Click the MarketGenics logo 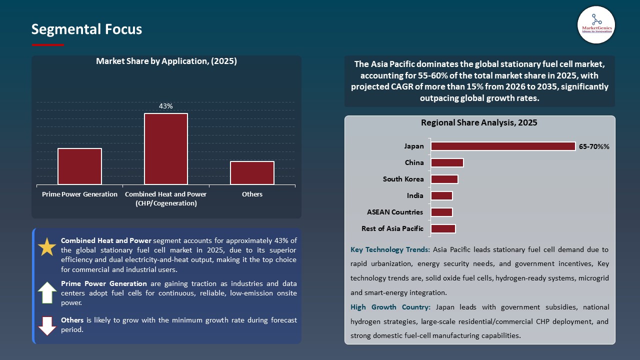click(x=596, y=24)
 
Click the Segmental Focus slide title click(x=86, y=29)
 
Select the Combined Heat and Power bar click(x=166, y=149)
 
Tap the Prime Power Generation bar click(x=79, y=166)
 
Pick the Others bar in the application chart click(x=252, y=173)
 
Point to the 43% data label click(x=166, y=106)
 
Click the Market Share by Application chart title click(x=166, y=61)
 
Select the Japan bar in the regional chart click(x=503, y=146)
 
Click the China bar click(x=447, y=163)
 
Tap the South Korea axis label click(x=403, y=179)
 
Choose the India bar click(x=441, y=196)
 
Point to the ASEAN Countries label click(x=395, y=212)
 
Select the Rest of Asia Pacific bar click(x=443, y=229)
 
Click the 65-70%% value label click(x=594, y=147)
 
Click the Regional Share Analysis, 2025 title click(x=479, y=123)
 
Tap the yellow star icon click(x=47, y=247)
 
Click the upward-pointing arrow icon click(x=47, y=292)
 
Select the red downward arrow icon click(x=47, y=325)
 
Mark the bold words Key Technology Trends click(x=390, y=249)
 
